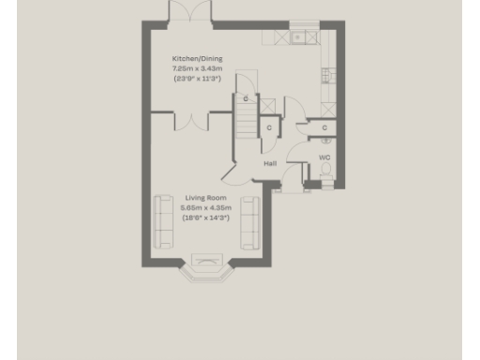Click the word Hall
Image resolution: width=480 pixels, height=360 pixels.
pos(269,163)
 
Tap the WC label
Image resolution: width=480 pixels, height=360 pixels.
pos(324,157)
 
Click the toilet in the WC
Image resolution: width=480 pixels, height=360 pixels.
pos(326,179)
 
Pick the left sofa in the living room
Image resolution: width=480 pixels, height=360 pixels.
pos(163,222)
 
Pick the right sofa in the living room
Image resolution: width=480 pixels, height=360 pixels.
pos(250,222)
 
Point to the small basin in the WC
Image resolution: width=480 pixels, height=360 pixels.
pos(324,141)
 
